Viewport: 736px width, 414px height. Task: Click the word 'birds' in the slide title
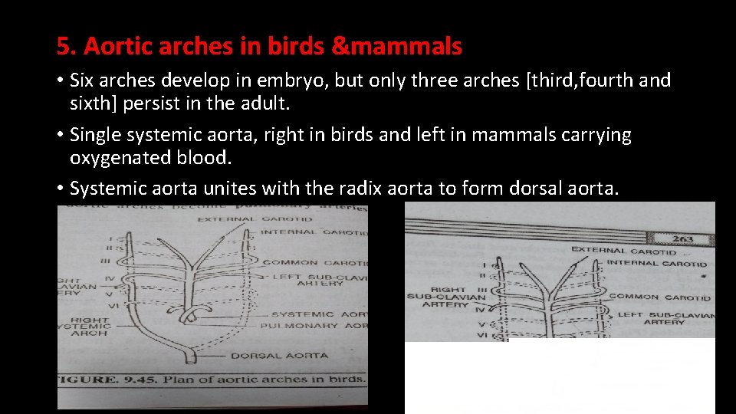tap(294, 47)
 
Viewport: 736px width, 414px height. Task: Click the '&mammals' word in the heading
tap(397, 47)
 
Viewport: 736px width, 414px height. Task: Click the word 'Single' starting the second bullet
tap(95, 136)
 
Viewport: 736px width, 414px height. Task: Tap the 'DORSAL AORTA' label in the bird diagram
tap(279, 356)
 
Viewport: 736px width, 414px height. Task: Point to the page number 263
tap(682, 238)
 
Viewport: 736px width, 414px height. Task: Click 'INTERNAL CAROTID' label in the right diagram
tap(656, 263)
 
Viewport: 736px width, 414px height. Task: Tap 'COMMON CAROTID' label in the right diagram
tap(659, 297)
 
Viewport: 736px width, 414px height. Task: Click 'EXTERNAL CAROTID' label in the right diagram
tap(623, 250)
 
